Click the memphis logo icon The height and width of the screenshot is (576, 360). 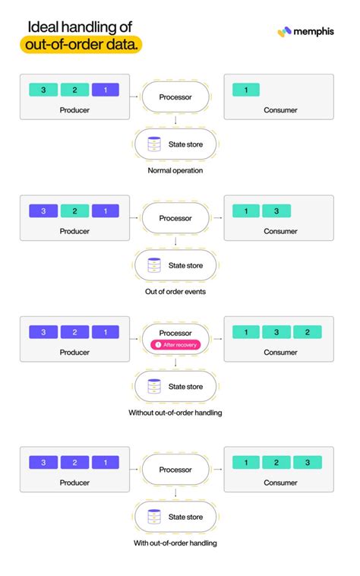285,32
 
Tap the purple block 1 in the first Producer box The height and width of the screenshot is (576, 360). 106,90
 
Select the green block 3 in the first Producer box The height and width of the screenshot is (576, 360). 43,90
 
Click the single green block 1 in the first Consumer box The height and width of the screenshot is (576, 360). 245,90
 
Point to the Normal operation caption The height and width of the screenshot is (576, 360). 175,170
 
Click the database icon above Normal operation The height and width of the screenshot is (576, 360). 155,143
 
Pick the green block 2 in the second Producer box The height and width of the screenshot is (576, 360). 74,211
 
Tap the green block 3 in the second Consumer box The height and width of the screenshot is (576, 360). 277,211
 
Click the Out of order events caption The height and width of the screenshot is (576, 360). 175,291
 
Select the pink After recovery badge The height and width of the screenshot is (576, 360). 175,344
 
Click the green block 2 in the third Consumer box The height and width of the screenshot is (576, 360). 308,332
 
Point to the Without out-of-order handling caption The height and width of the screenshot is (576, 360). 175,413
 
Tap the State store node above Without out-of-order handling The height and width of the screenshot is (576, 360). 175,386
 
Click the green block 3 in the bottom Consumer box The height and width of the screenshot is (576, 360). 308,462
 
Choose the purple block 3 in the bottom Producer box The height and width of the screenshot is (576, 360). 43,462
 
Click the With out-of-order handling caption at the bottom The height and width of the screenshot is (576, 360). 175,543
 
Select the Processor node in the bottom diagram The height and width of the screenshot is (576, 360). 175,470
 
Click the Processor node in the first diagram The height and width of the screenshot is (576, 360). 175,97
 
